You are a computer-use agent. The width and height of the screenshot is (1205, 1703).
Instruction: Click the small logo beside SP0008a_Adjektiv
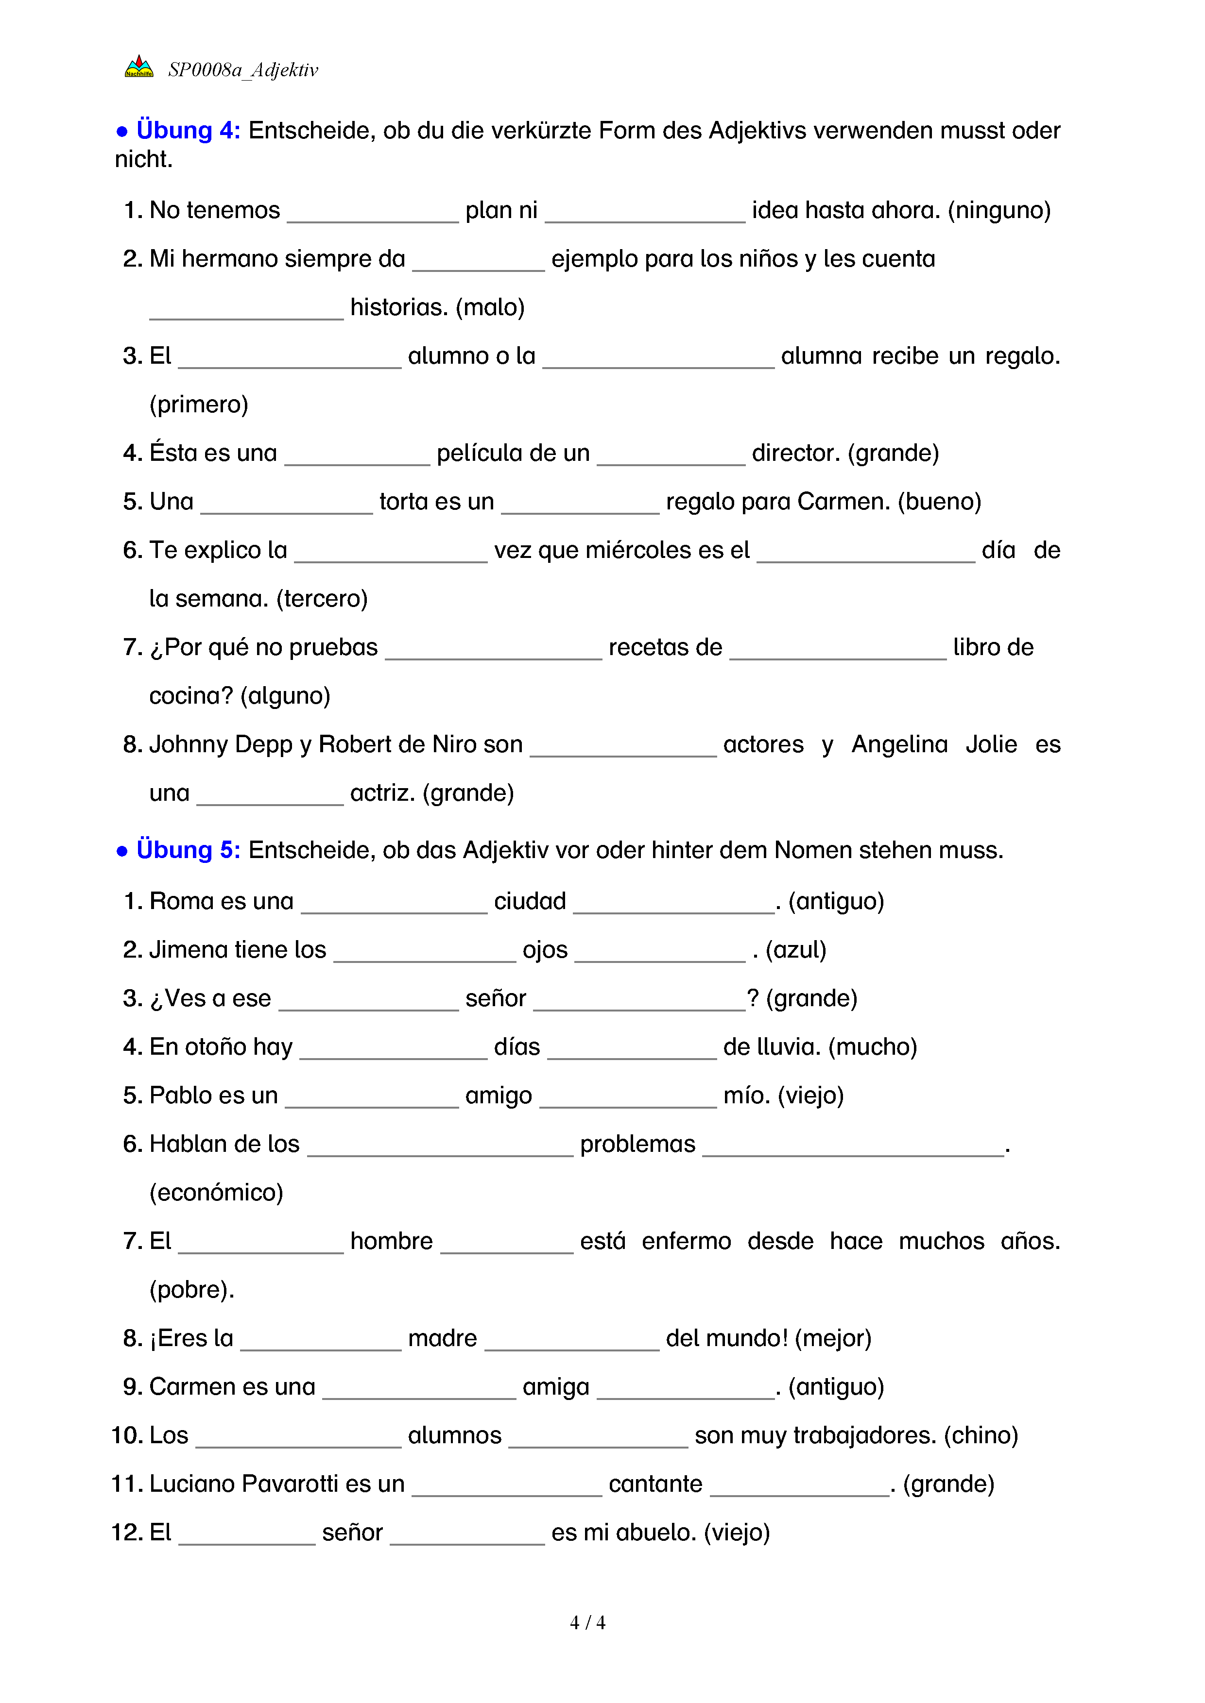coord(139,67)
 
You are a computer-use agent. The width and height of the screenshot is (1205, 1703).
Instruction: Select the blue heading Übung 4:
coord(188,131)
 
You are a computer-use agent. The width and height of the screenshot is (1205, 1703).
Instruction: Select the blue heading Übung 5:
coord(188,850)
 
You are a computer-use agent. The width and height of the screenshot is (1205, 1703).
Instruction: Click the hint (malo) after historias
coord(490,307)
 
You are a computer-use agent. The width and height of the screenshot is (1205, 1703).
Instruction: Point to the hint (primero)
coord(199,404)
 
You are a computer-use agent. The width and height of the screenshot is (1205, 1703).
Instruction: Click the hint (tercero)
coord(322,599)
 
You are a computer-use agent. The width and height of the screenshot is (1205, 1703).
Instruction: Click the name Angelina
coord(899,745)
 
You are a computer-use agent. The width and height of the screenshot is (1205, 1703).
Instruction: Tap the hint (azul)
coord(795,950)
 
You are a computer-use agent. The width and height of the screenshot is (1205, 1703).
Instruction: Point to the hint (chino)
coord(981,1435)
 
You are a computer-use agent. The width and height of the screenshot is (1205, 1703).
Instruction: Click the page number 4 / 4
coord(587,1623)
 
